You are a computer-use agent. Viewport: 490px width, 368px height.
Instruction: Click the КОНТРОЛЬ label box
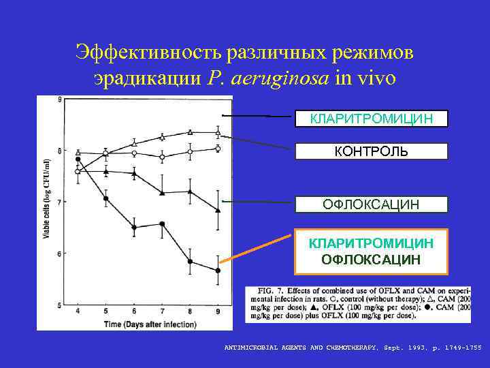click(371, 151)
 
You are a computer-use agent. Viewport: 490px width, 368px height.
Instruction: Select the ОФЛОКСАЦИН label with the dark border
click(371, 204)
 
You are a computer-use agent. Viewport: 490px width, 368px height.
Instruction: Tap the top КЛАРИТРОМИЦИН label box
click(371, 119)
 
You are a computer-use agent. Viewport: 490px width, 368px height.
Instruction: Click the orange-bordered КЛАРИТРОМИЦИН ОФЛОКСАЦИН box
click(371, 251)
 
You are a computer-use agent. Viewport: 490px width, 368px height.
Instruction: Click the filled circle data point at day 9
click(218, 271)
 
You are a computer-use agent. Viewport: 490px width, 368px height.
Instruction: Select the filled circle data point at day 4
click(78, 159)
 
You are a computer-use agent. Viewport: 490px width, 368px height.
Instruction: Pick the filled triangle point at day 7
click(162, 193)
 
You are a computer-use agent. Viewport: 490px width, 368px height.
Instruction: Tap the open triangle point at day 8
click(190, 132)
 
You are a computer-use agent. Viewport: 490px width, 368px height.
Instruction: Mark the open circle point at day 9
click(218, 148)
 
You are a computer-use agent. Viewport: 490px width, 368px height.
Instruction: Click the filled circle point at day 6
click(134, 228)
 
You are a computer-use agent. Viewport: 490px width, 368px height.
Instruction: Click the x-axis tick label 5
click(105, 311)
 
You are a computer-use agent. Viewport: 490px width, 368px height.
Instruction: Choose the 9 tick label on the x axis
click(218, 311)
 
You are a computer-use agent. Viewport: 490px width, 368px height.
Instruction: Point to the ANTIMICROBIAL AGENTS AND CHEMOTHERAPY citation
click(352, 348)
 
